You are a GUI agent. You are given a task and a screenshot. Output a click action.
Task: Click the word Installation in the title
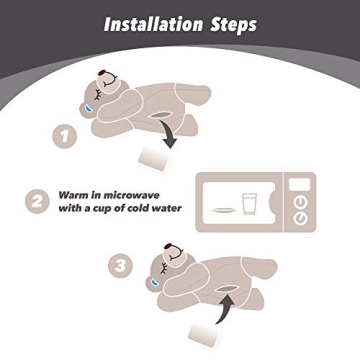point(153,25)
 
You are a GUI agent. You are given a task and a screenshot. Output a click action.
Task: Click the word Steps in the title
point(233,25)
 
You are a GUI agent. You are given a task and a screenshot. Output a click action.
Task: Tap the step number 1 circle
point(65,136)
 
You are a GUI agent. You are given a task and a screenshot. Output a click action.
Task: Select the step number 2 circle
point(37,201)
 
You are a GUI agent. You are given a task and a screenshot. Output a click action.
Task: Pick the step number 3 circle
point(121,266)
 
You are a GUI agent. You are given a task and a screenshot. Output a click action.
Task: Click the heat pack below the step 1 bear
point(154,158)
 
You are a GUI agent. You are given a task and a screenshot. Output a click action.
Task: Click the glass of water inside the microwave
point(248,204)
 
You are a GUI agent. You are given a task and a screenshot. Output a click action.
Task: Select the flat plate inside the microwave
point(222,210)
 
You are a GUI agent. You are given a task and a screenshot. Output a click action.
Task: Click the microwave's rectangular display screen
point(299,184)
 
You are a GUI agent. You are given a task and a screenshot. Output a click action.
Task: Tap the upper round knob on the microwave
point(301,202)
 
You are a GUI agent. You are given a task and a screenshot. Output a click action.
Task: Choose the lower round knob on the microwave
point(301,219)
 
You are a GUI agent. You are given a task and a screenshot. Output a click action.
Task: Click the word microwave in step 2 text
point(131,195)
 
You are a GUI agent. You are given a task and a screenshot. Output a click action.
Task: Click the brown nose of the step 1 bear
point(102,74)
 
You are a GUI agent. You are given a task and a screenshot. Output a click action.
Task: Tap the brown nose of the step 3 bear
point(169,247)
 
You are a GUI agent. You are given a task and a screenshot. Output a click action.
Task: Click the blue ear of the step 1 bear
point(88,108)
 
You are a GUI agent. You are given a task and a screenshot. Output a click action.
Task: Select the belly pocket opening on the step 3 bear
point(226,289)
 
